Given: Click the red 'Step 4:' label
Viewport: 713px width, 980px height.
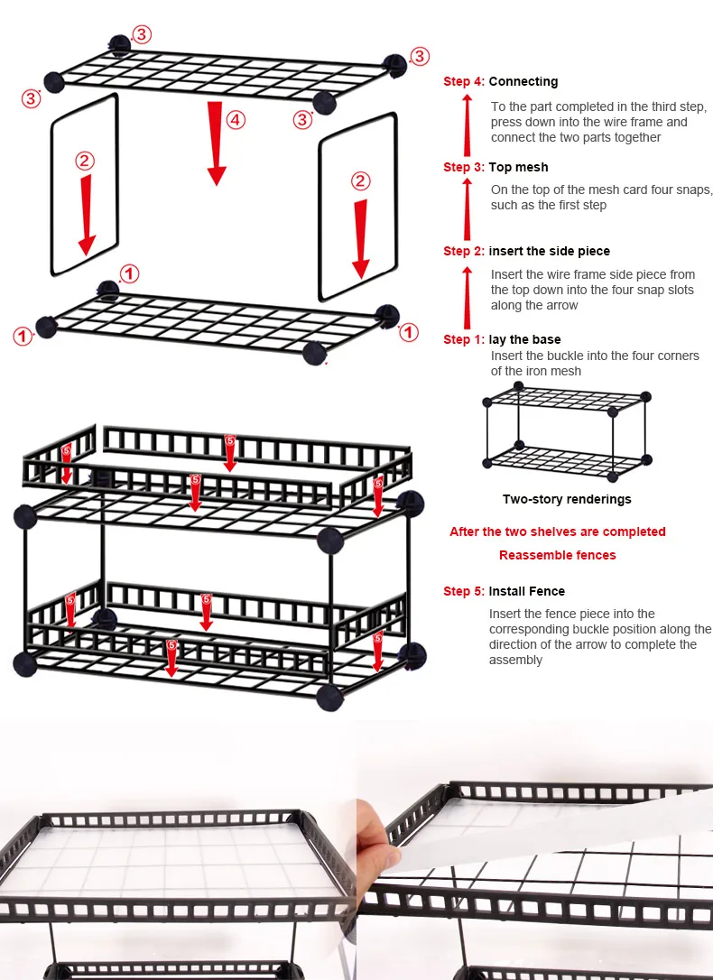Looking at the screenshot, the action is [464, 81].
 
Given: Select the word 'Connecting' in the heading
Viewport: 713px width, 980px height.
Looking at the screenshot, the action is [523, 82].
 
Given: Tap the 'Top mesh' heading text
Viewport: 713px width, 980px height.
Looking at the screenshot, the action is [518, 167].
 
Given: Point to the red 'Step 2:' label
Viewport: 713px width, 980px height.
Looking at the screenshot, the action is [464, 251].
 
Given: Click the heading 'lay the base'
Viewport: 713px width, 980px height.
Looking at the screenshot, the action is [524, 339].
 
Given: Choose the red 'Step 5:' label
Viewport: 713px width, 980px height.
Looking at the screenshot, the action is [464, 591].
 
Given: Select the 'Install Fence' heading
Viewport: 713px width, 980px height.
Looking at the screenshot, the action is [526, 591].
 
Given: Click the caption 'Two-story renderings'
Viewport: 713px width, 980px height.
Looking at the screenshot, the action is [567, 499].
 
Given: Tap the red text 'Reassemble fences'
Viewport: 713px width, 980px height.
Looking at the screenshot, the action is [558, 555].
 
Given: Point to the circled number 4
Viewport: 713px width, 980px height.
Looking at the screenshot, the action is [236, 120].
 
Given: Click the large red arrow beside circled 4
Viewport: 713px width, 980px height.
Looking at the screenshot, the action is [217, 143].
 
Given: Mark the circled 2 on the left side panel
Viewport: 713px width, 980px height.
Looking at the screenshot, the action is [85, 162].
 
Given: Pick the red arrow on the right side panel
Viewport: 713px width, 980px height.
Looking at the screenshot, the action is [361, 239].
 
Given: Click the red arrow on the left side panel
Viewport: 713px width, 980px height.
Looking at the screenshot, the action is [87, 215].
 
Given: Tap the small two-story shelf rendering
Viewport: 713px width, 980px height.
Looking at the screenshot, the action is [567, 432].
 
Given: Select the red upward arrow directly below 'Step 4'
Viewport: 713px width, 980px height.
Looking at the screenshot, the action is [467, 125].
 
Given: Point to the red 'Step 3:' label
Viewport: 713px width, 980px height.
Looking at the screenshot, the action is [464, 167].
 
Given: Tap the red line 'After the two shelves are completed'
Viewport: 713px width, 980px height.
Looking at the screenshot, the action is [558, 532].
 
